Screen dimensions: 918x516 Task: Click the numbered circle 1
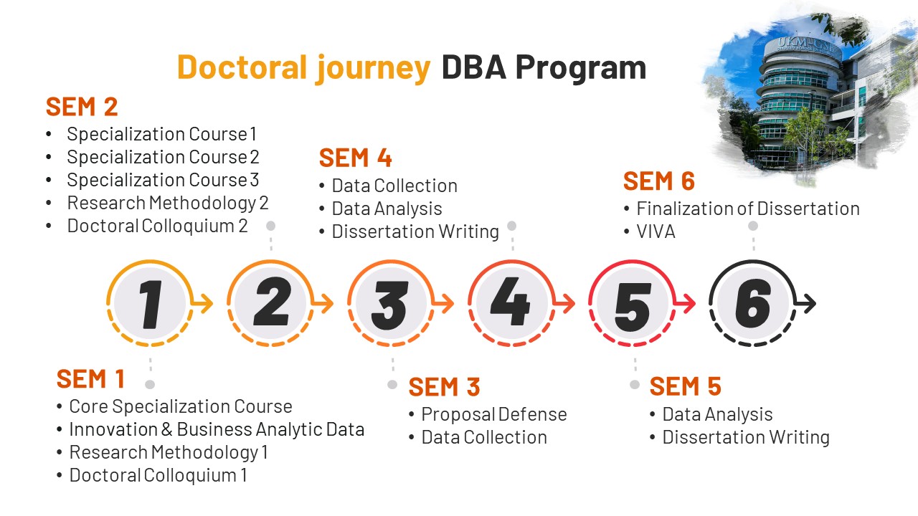pos(150,303)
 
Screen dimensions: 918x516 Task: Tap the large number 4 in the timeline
pos(510,302)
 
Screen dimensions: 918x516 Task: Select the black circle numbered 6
pos(752,303)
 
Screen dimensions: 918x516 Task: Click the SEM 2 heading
pos(82,107)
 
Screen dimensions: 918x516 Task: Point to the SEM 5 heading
pos(685,386)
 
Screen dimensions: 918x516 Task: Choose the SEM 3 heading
pos(444,387)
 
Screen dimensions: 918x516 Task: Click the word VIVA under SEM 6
pos(656,231)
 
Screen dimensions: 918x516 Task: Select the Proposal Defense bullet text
pos(494,414)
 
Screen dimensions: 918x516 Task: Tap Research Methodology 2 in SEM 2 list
pos(168,203)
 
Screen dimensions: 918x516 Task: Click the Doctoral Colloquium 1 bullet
pos(158,475)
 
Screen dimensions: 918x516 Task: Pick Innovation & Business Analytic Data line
pos(217,429)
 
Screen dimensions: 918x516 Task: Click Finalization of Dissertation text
pos(748,209)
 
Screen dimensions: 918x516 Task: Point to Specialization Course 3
pos(163,180)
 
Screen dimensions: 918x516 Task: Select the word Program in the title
pos(581,69)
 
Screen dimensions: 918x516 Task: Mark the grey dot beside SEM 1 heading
pos(150,385)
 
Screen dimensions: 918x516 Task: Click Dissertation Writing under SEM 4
pos(415,231)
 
